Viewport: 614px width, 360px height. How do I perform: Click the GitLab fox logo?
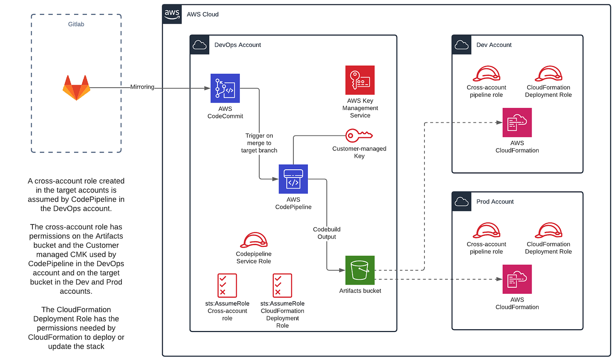point(76,88)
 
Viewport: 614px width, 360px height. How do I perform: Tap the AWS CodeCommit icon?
point(225,88)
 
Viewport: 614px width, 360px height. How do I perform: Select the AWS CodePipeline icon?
point(293,179)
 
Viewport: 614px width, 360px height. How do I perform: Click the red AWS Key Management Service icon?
point(360,80)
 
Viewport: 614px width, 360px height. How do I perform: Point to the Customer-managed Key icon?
point(359,135)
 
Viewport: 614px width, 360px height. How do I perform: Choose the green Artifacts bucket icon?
point(360,270)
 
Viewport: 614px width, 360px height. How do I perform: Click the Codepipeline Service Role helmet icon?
point(253,240)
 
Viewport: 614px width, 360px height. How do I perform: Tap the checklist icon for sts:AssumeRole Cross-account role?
point(227,285)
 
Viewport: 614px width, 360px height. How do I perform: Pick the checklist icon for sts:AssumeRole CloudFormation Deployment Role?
point(282,285)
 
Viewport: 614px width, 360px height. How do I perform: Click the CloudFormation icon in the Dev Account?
point(517,122)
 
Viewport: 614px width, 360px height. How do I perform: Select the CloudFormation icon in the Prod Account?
point(517,279)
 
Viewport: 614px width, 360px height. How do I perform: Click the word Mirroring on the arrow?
point(142,87)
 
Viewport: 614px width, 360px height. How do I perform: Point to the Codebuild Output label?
point(327,233)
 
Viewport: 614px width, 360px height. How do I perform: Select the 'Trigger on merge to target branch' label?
point(259,143)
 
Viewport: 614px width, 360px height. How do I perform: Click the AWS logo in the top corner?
point(172,14)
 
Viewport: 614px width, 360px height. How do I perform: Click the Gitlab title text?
point(76,25)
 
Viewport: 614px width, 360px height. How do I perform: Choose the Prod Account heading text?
point(495,202)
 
